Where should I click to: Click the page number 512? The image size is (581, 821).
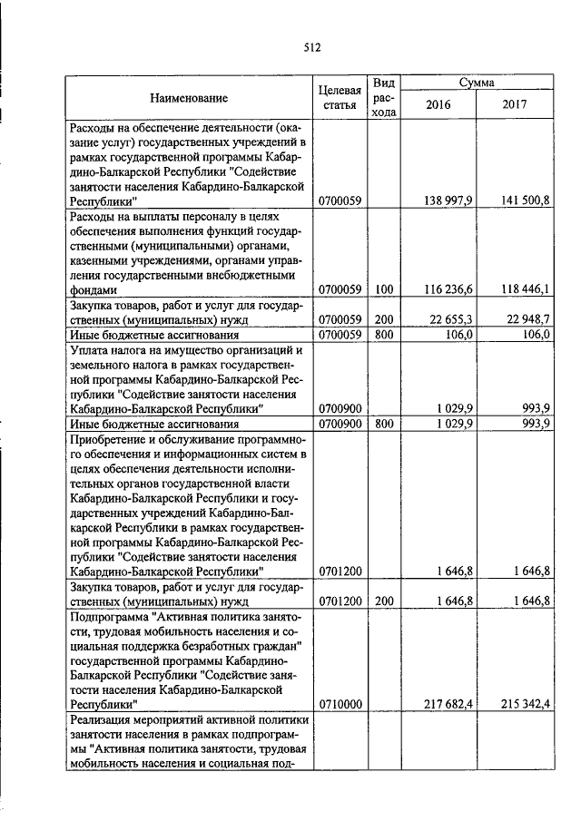click(x=312, y=48)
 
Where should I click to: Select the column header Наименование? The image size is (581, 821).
click(x=189, y=98)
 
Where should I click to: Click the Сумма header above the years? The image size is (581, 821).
click(x=477, y=83)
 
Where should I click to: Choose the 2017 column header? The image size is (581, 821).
click(x=515, y=104)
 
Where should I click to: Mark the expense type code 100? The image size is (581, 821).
click(x=383, y=289)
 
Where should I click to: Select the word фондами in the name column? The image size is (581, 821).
click(x=94, y=289)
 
